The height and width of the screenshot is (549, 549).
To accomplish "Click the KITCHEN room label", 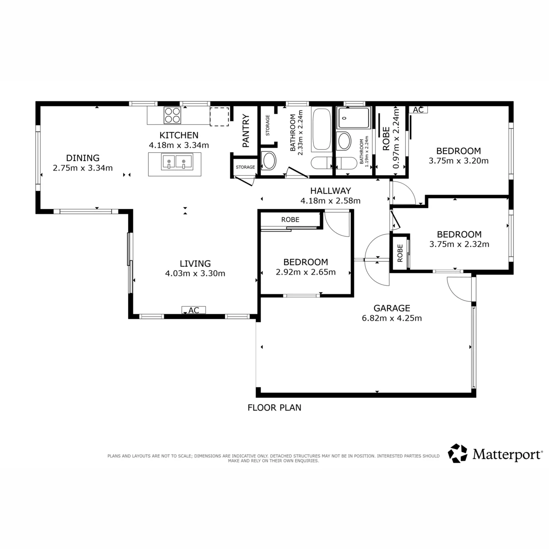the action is pos(178,135).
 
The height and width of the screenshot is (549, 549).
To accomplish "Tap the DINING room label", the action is pos(83,158).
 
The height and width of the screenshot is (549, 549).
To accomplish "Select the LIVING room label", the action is pos(195,264).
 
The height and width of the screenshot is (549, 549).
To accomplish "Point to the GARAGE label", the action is pos(392,308).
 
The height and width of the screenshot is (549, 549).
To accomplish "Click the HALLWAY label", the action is pos(330,191).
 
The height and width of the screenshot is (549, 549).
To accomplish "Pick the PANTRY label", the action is pos(246,131).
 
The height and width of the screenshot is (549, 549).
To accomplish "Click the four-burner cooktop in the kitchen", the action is pos(172,115).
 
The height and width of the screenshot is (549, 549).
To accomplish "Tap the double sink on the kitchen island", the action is pos(177,162).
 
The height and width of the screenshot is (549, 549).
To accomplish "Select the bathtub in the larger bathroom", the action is pos(322,129).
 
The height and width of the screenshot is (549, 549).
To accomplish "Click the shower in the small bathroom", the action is pos(354,118).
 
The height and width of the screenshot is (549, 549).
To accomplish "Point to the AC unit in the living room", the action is pos(194,310).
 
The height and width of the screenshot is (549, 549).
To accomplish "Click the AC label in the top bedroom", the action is pos(418,110).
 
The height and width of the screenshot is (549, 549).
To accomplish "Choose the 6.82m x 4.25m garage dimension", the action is pos(392,318).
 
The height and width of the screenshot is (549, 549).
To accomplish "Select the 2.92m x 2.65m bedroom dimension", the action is pos(306,272).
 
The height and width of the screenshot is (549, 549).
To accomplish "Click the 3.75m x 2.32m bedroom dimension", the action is pos(459,244).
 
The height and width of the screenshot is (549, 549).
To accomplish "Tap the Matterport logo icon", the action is pos(457,453).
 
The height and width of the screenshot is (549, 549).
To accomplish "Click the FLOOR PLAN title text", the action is pos(274,408).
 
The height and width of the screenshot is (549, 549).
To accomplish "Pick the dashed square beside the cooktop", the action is pos(220,117).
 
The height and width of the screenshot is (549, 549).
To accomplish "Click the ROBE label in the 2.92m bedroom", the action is pos(291,220).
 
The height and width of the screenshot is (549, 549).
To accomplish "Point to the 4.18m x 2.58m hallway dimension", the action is pos(330,201).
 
